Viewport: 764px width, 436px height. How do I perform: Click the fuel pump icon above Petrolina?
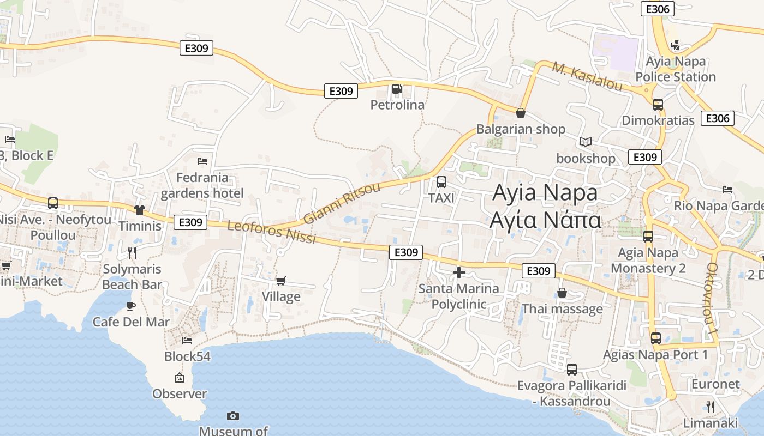(397, 89)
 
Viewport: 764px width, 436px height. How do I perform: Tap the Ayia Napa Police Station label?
(676, 69)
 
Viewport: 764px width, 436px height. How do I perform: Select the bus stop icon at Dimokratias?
(658, 104)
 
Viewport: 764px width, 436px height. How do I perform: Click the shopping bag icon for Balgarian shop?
(521, 113)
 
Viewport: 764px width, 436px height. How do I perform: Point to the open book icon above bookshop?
(586, 142)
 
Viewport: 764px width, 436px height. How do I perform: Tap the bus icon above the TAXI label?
(441, 182)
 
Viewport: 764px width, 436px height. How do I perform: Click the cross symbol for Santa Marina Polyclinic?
(459, 272)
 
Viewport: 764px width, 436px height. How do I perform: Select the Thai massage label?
(562, 309)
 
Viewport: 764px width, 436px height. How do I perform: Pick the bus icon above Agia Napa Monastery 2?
(648, 237)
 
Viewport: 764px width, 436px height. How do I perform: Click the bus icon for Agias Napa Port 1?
(656, 338)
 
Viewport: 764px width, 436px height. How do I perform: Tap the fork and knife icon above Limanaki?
(711, 407)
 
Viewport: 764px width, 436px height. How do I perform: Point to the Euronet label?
(715, 384)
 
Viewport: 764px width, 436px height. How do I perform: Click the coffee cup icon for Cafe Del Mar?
(131, 306)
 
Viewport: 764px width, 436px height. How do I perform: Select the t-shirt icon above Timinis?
(140, 210)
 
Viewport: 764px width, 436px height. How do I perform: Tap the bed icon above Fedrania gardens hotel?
(202, 161)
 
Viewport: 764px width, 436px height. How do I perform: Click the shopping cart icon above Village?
(281, 281)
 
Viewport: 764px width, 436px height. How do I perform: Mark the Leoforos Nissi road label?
(271, 232)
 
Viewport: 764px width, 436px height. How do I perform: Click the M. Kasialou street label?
(587, 76)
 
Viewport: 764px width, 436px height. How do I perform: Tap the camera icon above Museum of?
(233, 416)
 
